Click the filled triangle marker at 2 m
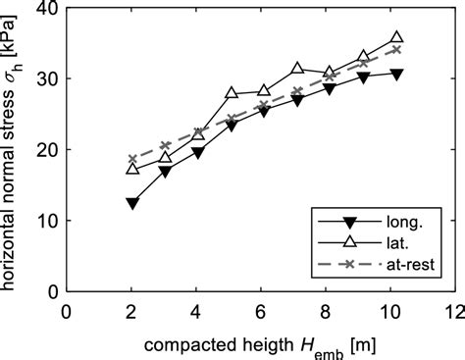[132, 203]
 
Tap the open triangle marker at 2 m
[132, 169]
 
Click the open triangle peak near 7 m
[297, 69]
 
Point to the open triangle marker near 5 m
[232, 93]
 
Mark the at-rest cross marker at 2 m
[132, 159]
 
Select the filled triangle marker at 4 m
[198, 153]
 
